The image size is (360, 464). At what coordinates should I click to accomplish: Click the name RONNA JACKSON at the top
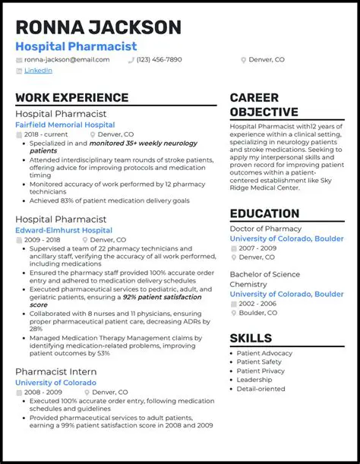pos(98,27)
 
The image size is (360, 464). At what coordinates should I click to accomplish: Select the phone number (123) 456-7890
pos(159,59)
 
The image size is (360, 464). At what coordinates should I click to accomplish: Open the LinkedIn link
pos(38,71)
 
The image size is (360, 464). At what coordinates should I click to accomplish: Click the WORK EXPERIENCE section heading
pos(71,98)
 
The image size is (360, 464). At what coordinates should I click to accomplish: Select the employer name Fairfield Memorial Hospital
pos(65,125)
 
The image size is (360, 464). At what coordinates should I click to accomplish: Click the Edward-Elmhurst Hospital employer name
pos(64,230)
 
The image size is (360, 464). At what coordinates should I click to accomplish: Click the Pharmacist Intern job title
pos(55,371)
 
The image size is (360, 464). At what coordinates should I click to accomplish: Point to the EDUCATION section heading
pos(264,213)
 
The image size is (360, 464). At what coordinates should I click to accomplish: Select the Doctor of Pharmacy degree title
pos(265,229)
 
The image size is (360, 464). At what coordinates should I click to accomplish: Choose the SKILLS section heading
pos(251,338)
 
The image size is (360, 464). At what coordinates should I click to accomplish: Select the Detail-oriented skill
pos(261,390)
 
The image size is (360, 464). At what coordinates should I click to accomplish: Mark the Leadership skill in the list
pos(254,380)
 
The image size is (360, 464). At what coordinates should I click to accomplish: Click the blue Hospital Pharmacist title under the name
pos(76,46)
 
